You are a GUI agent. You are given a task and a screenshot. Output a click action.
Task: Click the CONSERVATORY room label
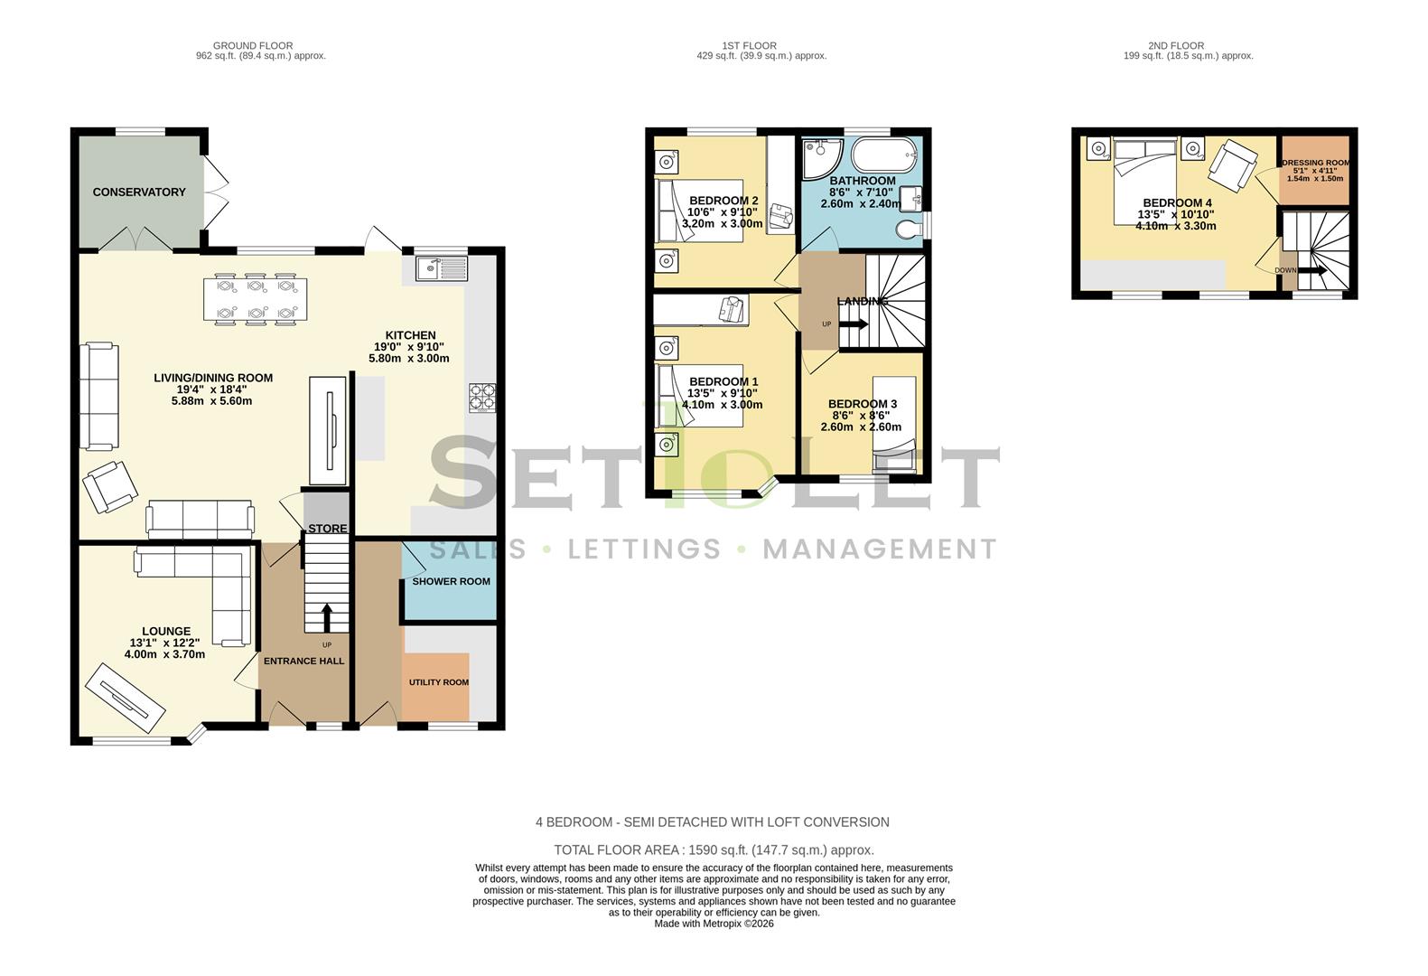click(x=139, y=192)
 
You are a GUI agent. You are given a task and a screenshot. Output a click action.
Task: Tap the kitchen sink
click(x=441, y=267)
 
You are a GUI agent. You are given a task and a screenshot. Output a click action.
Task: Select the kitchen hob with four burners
click(x=481, y=398)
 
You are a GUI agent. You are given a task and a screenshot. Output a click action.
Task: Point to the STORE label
click(x=327, y=529)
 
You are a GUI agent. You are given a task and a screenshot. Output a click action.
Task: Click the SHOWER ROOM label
click(x=451, y=581)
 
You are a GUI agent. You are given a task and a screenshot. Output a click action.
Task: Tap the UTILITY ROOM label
click(x=439, y=682)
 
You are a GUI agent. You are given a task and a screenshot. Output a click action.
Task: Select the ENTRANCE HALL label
click(x=303, y=661)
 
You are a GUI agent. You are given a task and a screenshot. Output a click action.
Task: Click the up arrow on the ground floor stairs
click(x=326, y=617)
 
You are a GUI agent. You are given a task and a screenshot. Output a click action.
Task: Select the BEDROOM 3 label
click(x=863, y=404)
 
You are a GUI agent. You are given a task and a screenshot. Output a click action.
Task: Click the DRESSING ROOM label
click(x=1315, y=164)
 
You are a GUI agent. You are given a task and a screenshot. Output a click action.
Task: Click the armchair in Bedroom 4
click(x=1232, y=163)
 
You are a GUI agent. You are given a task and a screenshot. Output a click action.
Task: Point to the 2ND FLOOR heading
click(x=1176, y=45)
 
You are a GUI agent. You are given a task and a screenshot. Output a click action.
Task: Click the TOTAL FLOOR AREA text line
click(x=714, y=849)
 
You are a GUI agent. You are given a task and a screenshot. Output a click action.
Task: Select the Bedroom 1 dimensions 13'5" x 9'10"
click(x=722, y=393)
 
